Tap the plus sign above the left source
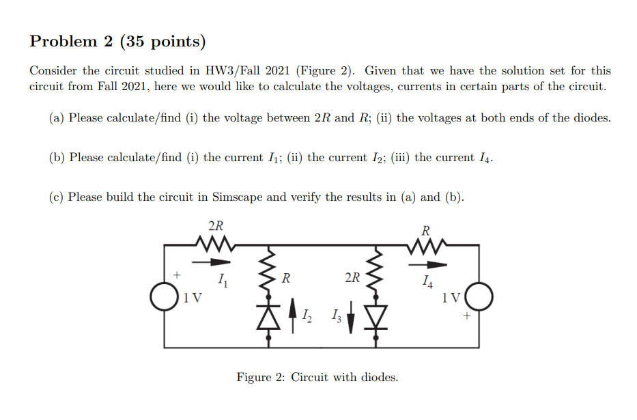coord(175,275)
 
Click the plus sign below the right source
coord(467,316)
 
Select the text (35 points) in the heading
coord(162,42)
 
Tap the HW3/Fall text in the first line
coord(233,71)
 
